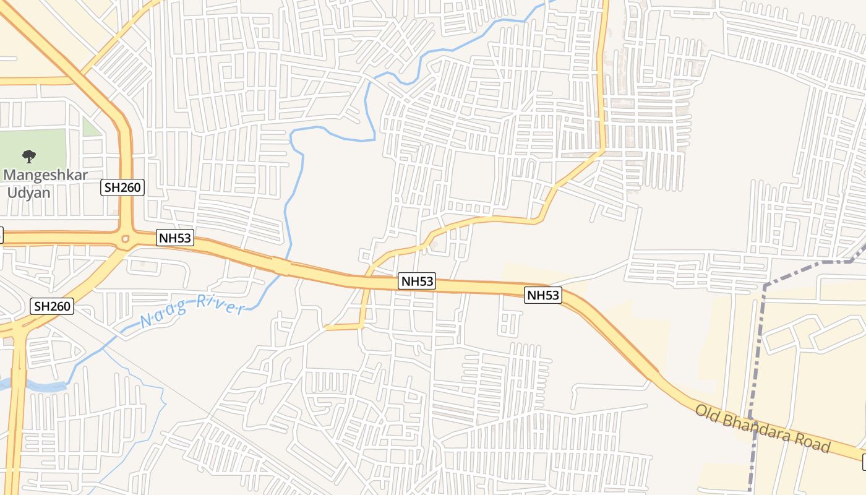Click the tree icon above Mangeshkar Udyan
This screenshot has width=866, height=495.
(x=28, y=157)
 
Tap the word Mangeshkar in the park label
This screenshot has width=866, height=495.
(x=46, y=175)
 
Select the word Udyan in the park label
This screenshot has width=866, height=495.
(x=28, y=192)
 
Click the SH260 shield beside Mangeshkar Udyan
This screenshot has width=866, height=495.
(x=123, y=188)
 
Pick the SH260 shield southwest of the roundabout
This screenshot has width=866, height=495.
(x=52, y=306)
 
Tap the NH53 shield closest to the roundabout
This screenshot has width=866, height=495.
(x=175, y=238)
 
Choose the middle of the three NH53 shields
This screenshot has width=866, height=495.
(x=417, y=282)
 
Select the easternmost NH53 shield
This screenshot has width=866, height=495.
(x=543, y=295)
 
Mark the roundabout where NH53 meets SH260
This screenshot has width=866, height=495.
(x=126, y=239)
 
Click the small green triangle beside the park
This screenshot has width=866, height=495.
(x=91, y=127)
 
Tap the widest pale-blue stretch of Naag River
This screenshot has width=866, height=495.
(x=37, y=387)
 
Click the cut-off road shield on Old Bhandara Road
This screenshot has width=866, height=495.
(x=863, y=460)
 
